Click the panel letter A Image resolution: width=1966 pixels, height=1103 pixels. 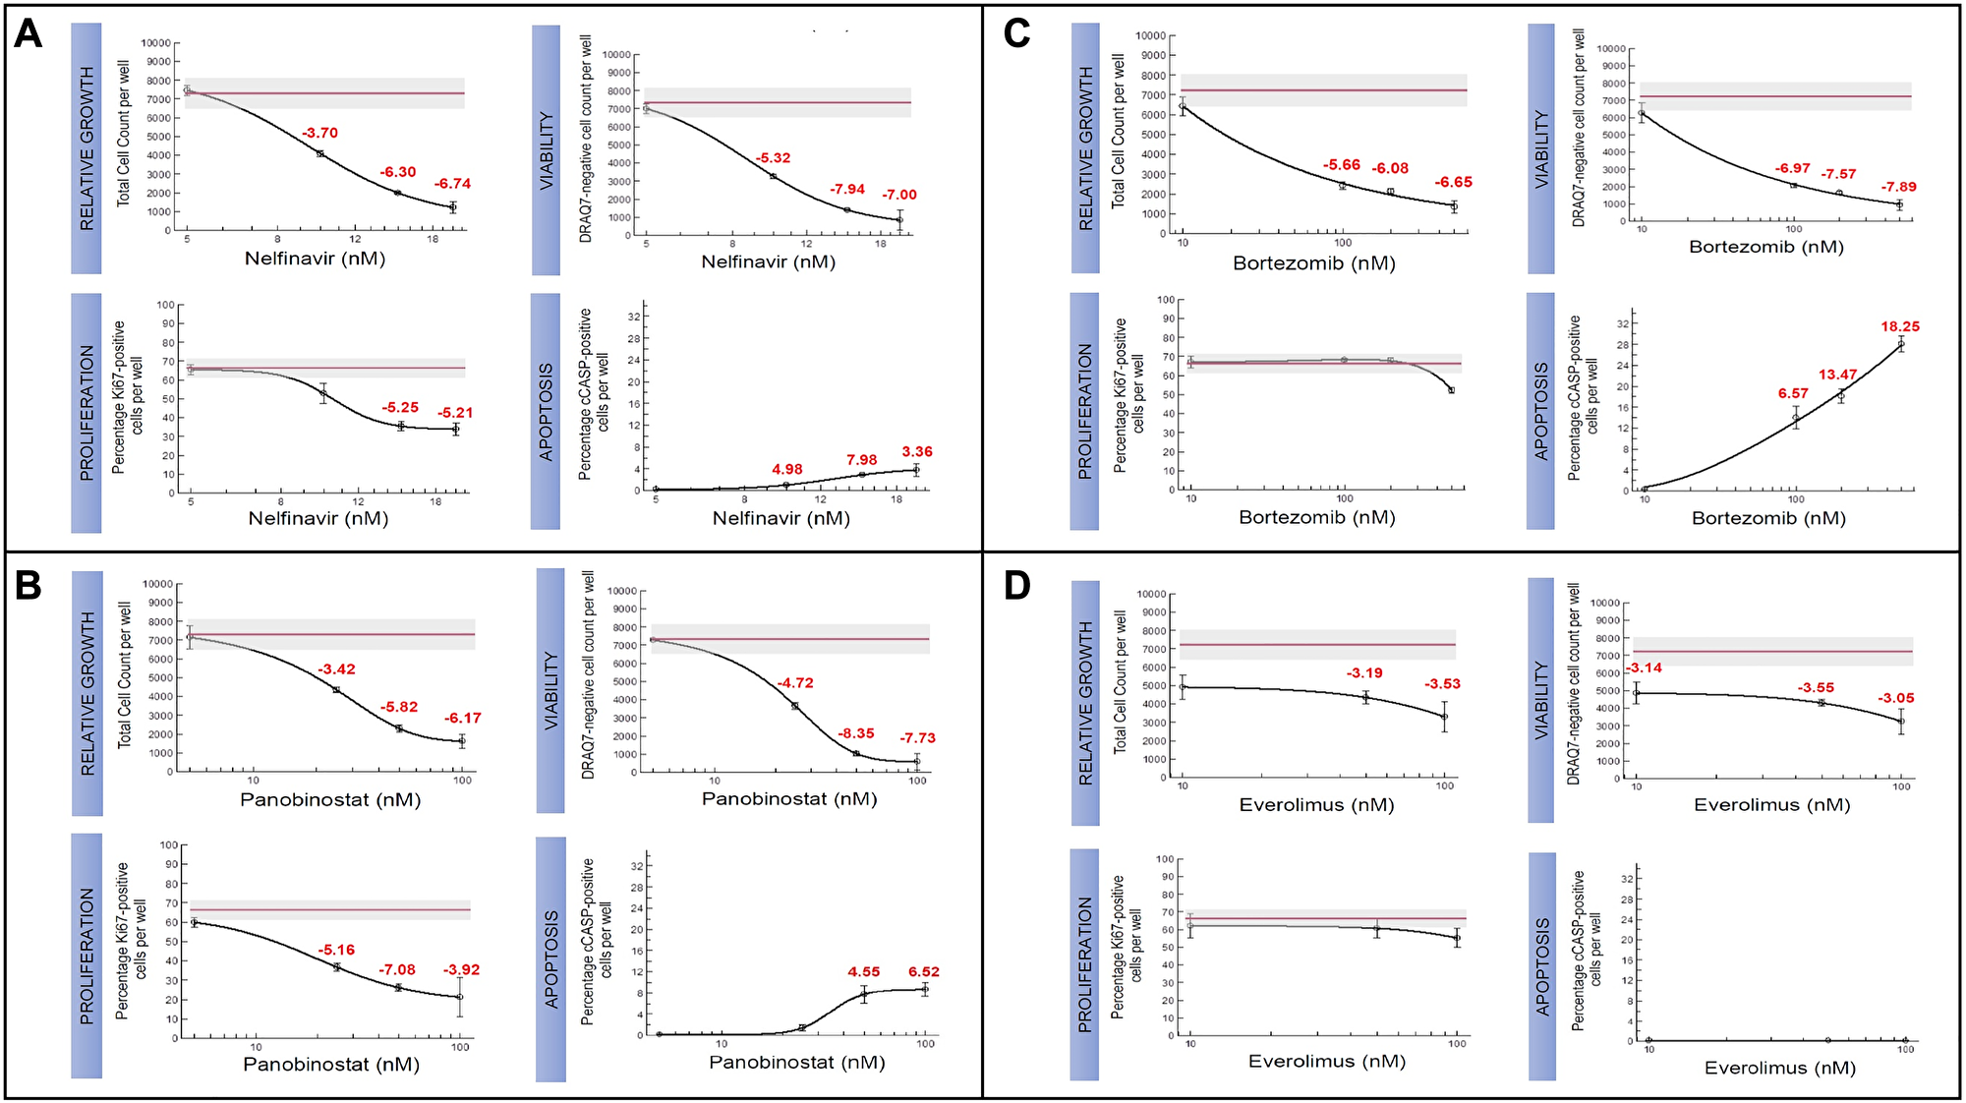(x=28, y=34)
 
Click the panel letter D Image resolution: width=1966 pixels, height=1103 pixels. (x=1016, y=586)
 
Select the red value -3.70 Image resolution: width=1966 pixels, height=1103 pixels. (x=319, y=133)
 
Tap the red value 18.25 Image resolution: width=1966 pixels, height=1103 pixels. (x=1900, y=326)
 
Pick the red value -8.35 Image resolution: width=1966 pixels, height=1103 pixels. (x=855, y=733)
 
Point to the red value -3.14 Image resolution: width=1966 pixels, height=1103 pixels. (x=1644, y=668)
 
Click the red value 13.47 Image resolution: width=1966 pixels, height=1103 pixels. (x=1837, y=375)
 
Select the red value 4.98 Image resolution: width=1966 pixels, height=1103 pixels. (x=786, y=469)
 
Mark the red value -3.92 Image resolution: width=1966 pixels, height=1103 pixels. (x=461, y=969)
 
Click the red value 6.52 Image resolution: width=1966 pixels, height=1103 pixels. (x=923, y=971)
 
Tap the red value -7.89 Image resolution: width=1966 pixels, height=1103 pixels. (x=1898, y=187)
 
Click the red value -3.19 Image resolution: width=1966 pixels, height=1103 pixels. (x=1364, y=673)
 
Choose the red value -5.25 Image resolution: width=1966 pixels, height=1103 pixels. (x=400, y=407)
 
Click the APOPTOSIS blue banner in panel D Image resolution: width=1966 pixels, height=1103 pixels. (x=1542, y=966)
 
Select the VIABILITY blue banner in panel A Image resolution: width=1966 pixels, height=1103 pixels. (x=546, y=149)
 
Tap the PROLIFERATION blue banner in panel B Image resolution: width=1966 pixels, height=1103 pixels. (x=87, y=956)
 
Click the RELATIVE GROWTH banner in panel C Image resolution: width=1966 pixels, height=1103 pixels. (x=1085, y=147)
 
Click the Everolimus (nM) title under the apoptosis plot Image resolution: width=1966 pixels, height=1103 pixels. (x=1779, y=1068)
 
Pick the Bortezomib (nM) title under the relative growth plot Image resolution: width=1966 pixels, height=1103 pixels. (x=1313, y=263)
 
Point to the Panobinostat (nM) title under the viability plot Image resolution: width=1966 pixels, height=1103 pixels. (x=788, y=799)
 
